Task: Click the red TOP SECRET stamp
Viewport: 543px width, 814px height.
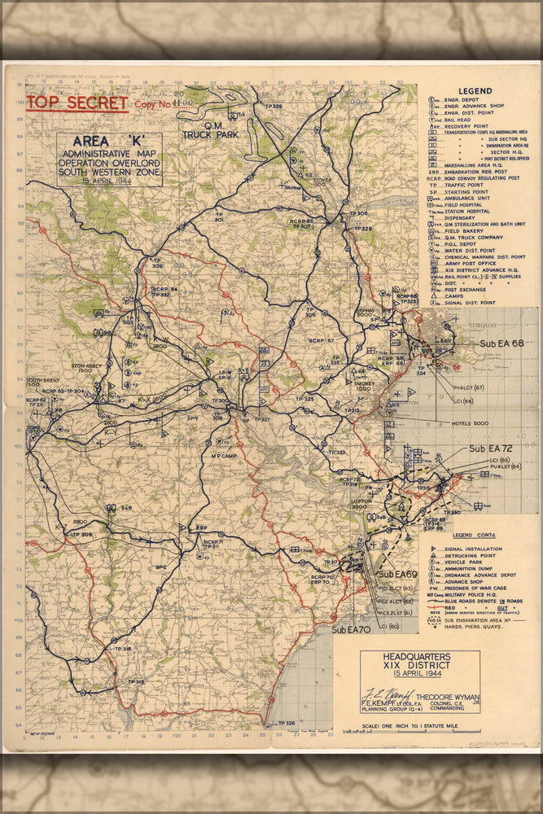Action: coord(77,103)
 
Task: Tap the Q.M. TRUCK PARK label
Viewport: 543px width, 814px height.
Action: coord(211,130)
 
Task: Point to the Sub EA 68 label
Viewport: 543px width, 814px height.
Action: coord(501,344)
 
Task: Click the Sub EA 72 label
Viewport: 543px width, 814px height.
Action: coord(489,449)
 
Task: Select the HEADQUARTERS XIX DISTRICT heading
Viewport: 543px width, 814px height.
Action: coord(420,660)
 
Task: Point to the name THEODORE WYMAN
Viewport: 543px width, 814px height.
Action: coord(447,697)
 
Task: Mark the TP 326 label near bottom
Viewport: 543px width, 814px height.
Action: coord(286,723)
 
